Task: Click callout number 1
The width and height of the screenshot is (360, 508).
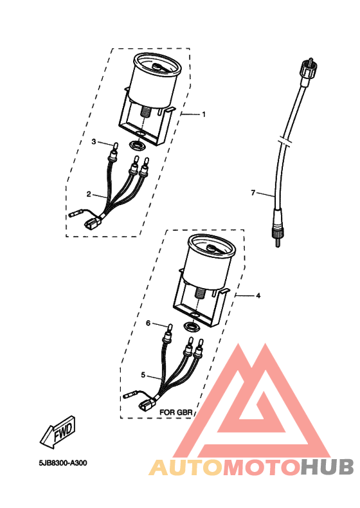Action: tap(204, 114)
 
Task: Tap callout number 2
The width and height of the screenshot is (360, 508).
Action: tap(89, 194)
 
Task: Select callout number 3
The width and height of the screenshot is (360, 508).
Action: tap(94, 141)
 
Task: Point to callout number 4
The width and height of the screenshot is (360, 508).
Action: tap(258, 295)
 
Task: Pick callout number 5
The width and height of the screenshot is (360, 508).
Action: tap(143, 375)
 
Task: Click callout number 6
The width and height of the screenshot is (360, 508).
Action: tap(148, 323)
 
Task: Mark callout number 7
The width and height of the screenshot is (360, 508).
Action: tap(253, 193)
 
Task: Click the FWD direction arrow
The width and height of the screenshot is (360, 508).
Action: tap(58, 433)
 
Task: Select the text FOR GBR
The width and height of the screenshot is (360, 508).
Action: tap(176, 412)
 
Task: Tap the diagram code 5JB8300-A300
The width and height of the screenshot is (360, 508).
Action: tap(63, 463)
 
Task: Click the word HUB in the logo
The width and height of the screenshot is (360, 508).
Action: tap(327, 467)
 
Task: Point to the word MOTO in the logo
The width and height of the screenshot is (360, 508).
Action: tap(261, 467)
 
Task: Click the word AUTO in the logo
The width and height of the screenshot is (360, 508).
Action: tap(186, 467)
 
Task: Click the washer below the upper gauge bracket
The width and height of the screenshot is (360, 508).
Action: tap(137, 145)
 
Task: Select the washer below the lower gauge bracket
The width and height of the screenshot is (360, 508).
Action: tap(192, 326)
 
